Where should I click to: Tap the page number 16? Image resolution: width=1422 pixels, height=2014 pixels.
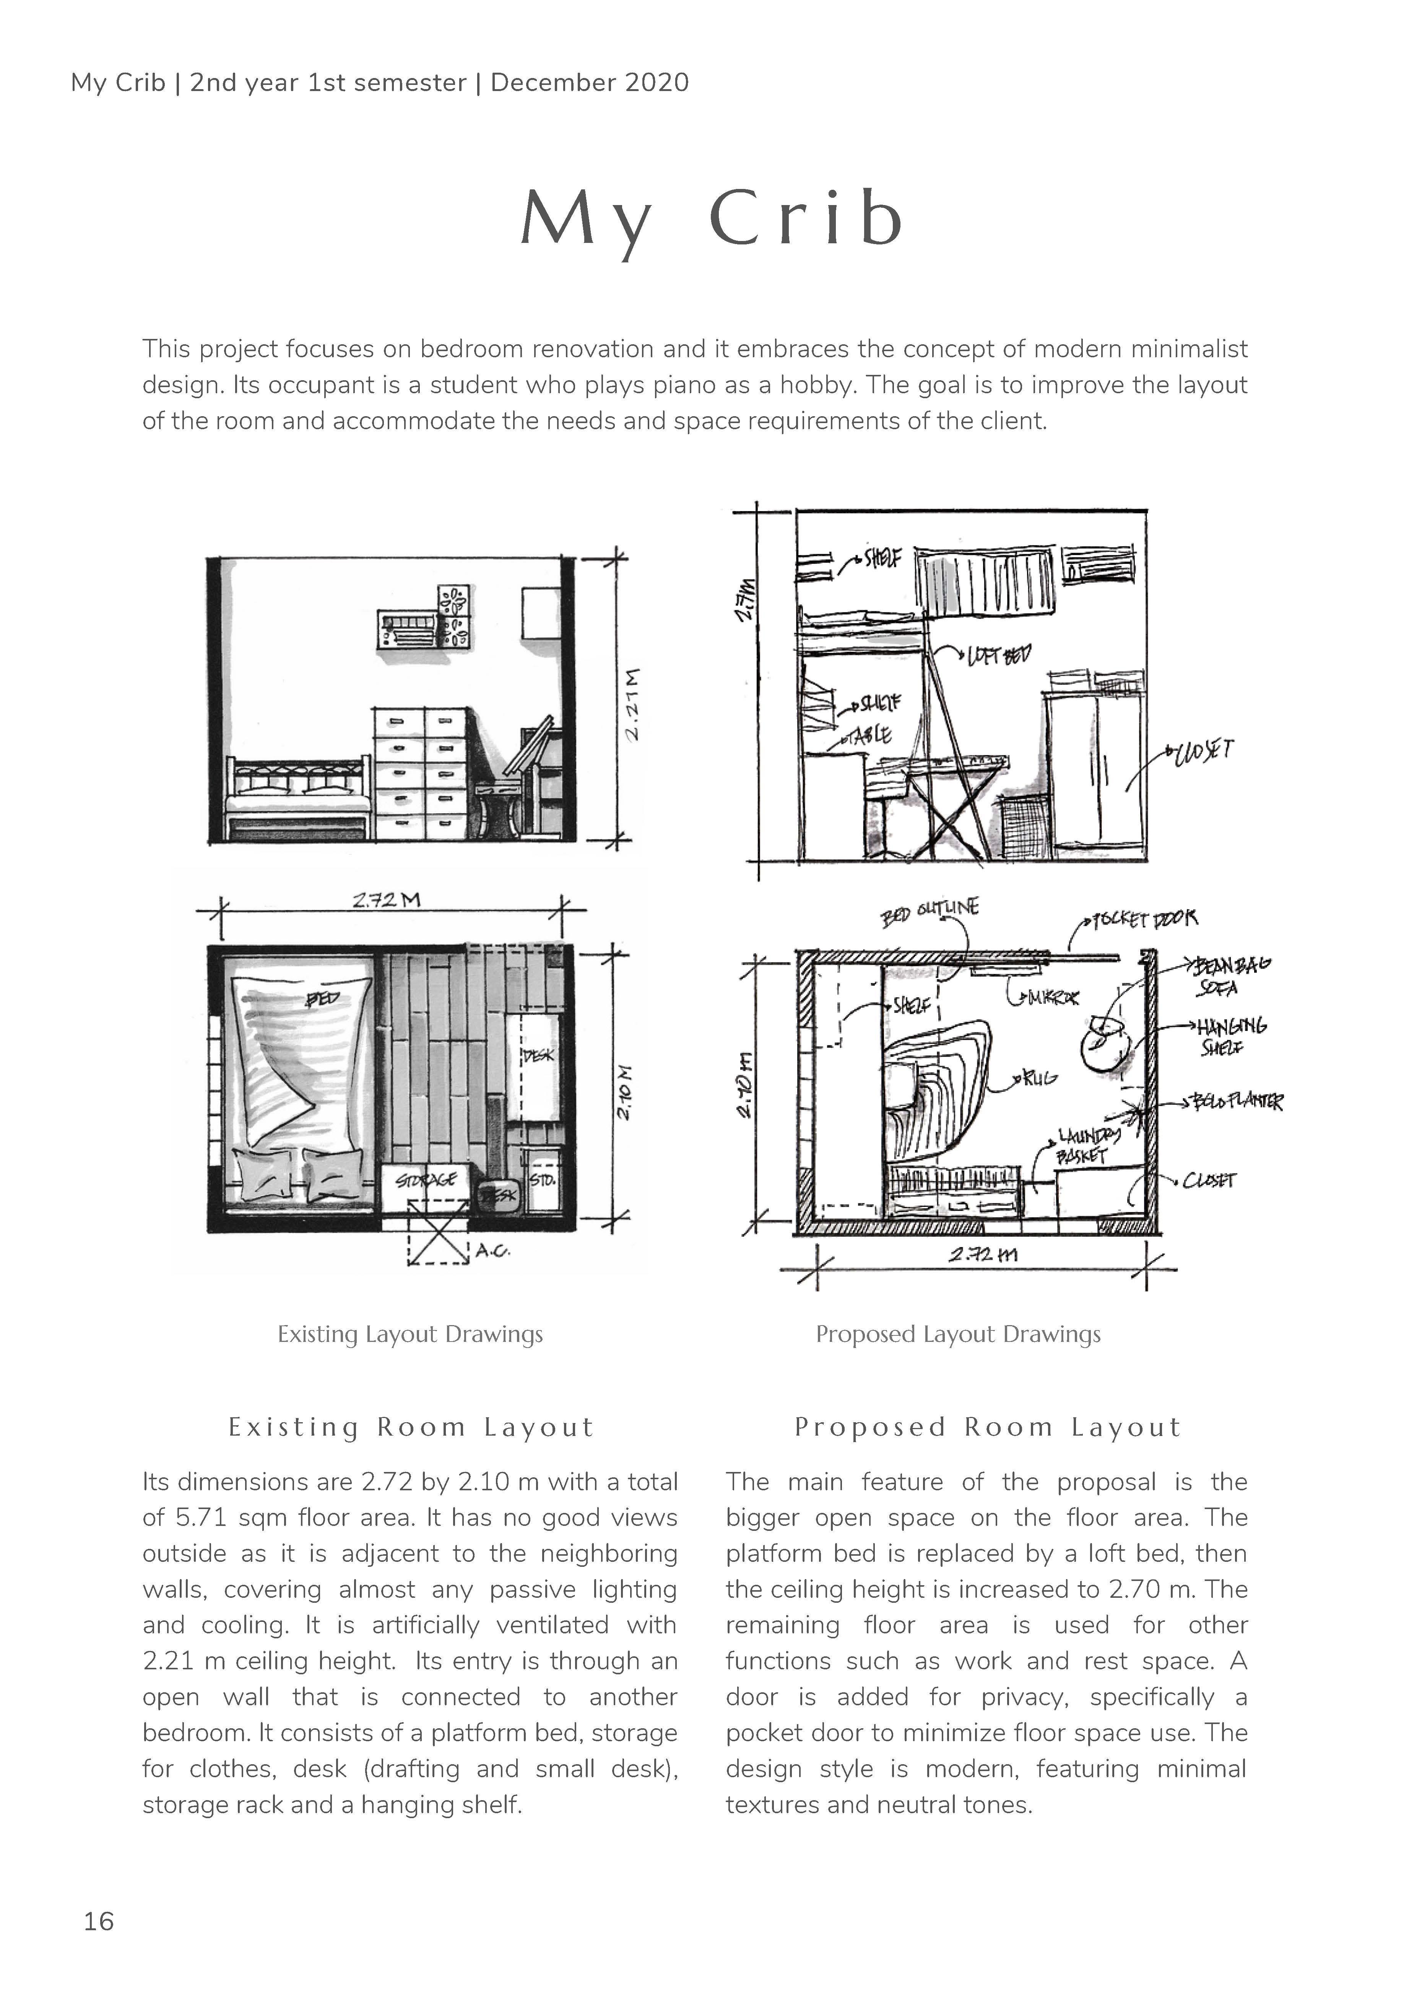tap(98, 1921)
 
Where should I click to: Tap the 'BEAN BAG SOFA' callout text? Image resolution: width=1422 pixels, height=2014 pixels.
tap(1227, 975)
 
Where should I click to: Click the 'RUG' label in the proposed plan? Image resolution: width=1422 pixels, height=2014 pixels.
tap(1041, 1078)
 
